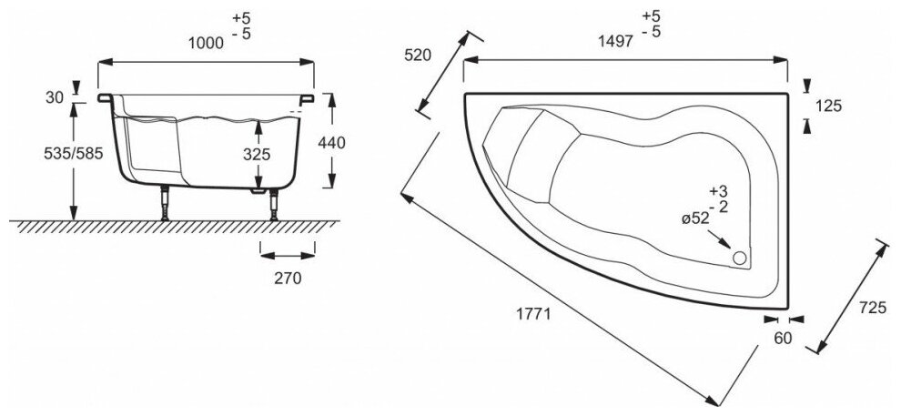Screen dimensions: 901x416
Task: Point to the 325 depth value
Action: click(258, 155)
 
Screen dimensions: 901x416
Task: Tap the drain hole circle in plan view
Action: click(740, 259)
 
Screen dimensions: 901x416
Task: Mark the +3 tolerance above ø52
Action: click(720, 191)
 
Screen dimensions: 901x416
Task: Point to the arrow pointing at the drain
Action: click(725, 243)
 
